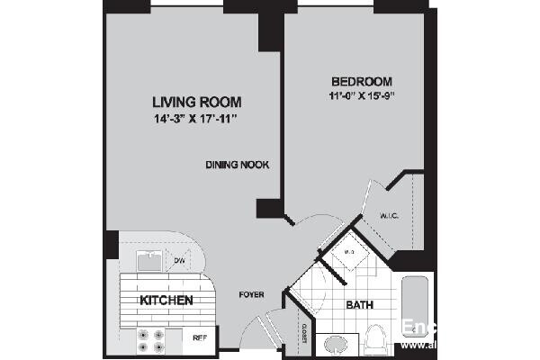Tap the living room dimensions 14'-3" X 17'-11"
[196, 118]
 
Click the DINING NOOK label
[238, 165]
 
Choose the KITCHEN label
[165, 300]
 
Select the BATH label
[360, 305]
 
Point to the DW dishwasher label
[179, 261]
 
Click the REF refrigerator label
[200, 338]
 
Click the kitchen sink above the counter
[148, 261]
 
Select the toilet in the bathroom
[379, 339]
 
